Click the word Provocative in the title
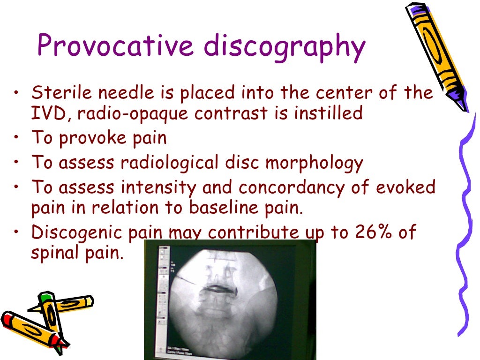pyautogui.click(x=115, y=47)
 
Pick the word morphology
pyautogui.click(x=315, y=163)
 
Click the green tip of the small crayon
pyautogui.click(x=45, y=298)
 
